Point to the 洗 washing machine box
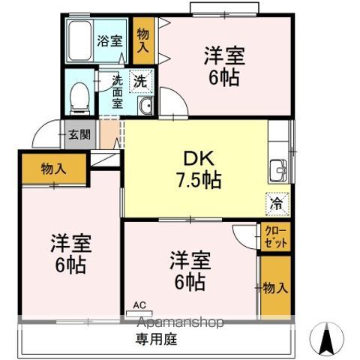(140, 79)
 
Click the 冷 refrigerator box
(277, 202)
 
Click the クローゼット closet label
(274, 237)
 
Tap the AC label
(139, 304)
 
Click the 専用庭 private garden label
(156, 339)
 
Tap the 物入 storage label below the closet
(274, 286)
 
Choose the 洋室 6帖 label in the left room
(67, 254)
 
